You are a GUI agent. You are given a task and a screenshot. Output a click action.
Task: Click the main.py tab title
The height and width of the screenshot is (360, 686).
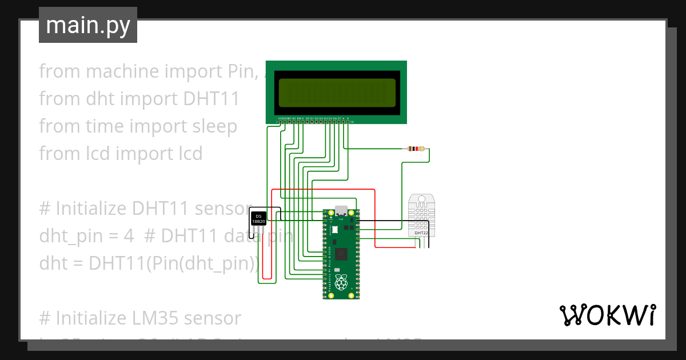(x=87, y=25)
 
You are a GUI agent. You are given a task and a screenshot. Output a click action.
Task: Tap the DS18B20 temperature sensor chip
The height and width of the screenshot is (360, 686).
(x=259, y=218)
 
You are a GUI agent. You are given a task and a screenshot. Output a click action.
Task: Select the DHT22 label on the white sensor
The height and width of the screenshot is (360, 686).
(x=421, y=233)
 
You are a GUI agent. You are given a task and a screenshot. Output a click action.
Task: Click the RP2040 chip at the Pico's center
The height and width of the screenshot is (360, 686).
(x=341, y=254)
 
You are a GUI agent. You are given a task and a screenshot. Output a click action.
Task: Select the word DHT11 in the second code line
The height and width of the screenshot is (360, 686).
(x=211, y=99)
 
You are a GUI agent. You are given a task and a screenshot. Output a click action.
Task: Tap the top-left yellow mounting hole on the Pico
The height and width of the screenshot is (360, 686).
(x=330, y=213)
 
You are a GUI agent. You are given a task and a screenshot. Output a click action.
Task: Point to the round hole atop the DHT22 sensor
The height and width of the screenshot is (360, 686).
(x=421, y=200)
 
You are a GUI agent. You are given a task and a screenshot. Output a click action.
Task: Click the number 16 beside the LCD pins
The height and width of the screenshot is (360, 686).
(x=352, y=122)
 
